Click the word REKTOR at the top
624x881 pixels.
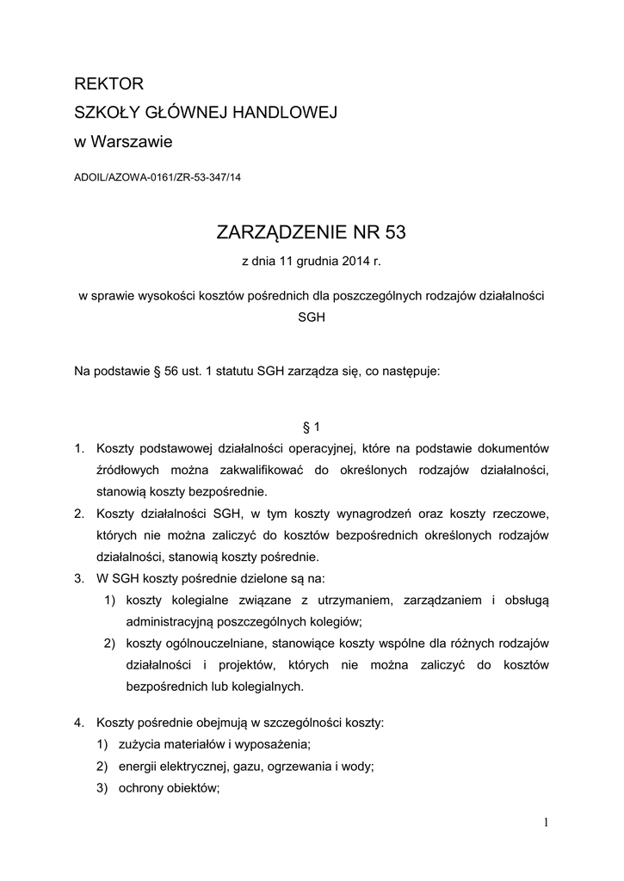108,84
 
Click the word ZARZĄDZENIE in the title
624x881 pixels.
281,232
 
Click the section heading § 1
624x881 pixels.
312,426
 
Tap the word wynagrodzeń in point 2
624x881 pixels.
386,514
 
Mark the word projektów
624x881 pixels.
248,665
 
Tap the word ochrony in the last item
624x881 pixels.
146,788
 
